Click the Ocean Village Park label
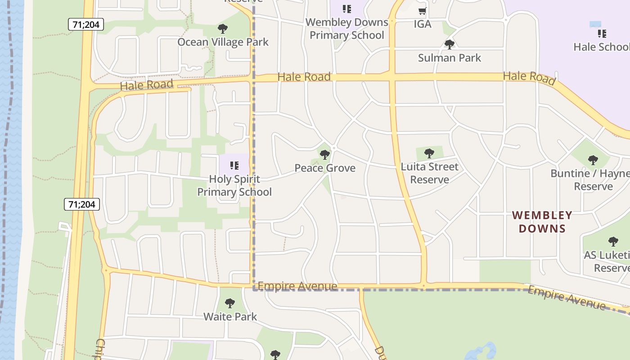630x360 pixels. pyautogui.click(x=223, y=42)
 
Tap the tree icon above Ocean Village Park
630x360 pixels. pyautogui.click(x=222, y=29)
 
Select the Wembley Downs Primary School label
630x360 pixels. pyautogui.click(x=346, y=29)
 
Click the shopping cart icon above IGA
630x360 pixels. pyautogui.click(x=422, y=11)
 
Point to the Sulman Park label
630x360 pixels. pyautogui.click(x=449, y=58)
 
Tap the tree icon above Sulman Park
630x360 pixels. pyautogui.click(x=449, y=45)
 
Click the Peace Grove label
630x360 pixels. pyautogui.click(x=325, y=168)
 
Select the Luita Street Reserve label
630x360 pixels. pyautogui.click(x=429, y=173)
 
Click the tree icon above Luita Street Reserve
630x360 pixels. pyautogui.click(x=429, y=153)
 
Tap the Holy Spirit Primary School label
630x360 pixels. pyautogui.click(x=234, y=185)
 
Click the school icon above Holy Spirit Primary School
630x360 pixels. pyautogui.click(x=234, y=166)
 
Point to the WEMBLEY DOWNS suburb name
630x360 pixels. pyautogui.click(x=542, y=222)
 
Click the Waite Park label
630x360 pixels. pyautogui.click(x=230, y=317)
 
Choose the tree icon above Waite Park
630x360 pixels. pyautogui.click(x=230, y=303)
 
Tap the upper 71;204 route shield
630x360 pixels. pyautogui.click(x=86, y=24)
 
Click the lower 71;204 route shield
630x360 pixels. pyautogui.click(x=81, y=204)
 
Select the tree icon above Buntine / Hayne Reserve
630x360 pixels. pyautogui.click(x=593, y=160)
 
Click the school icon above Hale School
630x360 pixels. pyautogui.click(x=602, y=34)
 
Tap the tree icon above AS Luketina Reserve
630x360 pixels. pyautogui.click(x=613, y=242)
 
